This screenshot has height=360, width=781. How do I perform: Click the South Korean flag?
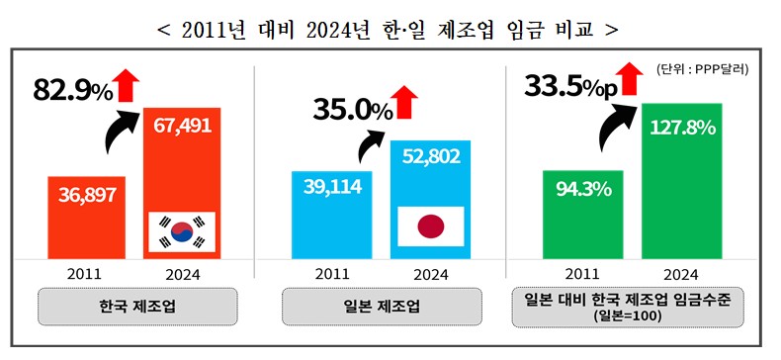182,232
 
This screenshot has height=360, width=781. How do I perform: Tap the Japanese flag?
430,227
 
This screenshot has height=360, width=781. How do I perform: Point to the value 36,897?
87,195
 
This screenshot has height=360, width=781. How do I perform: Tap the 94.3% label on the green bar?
582,188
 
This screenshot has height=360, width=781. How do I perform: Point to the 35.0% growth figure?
352,110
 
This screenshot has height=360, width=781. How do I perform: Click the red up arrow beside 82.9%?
127,85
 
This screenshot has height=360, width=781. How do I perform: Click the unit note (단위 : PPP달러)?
701,69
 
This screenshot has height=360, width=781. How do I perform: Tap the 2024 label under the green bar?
681,274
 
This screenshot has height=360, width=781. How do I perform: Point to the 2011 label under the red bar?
87,274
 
